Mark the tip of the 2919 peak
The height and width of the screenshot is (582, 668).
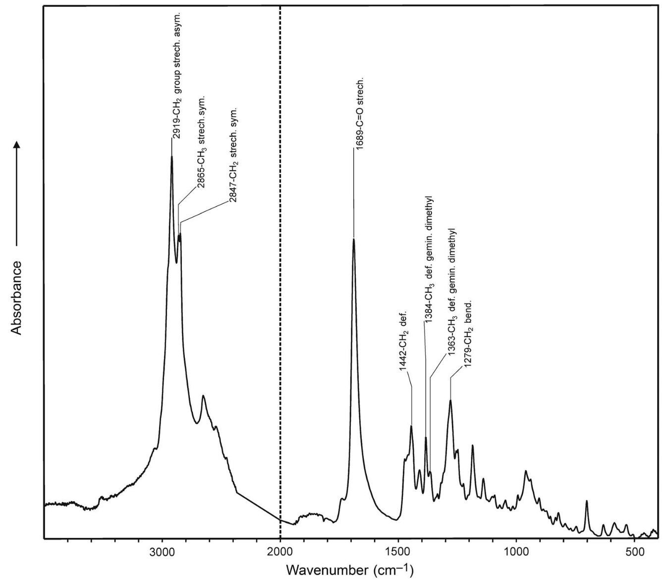[172, 157]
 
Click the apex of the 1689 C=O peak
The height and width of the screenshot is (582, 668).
[354, 239]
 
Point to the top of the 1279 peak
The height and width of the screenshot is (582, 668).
[450, 400]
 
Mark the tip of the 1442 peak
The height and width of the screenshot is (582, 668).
[411, 426]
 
